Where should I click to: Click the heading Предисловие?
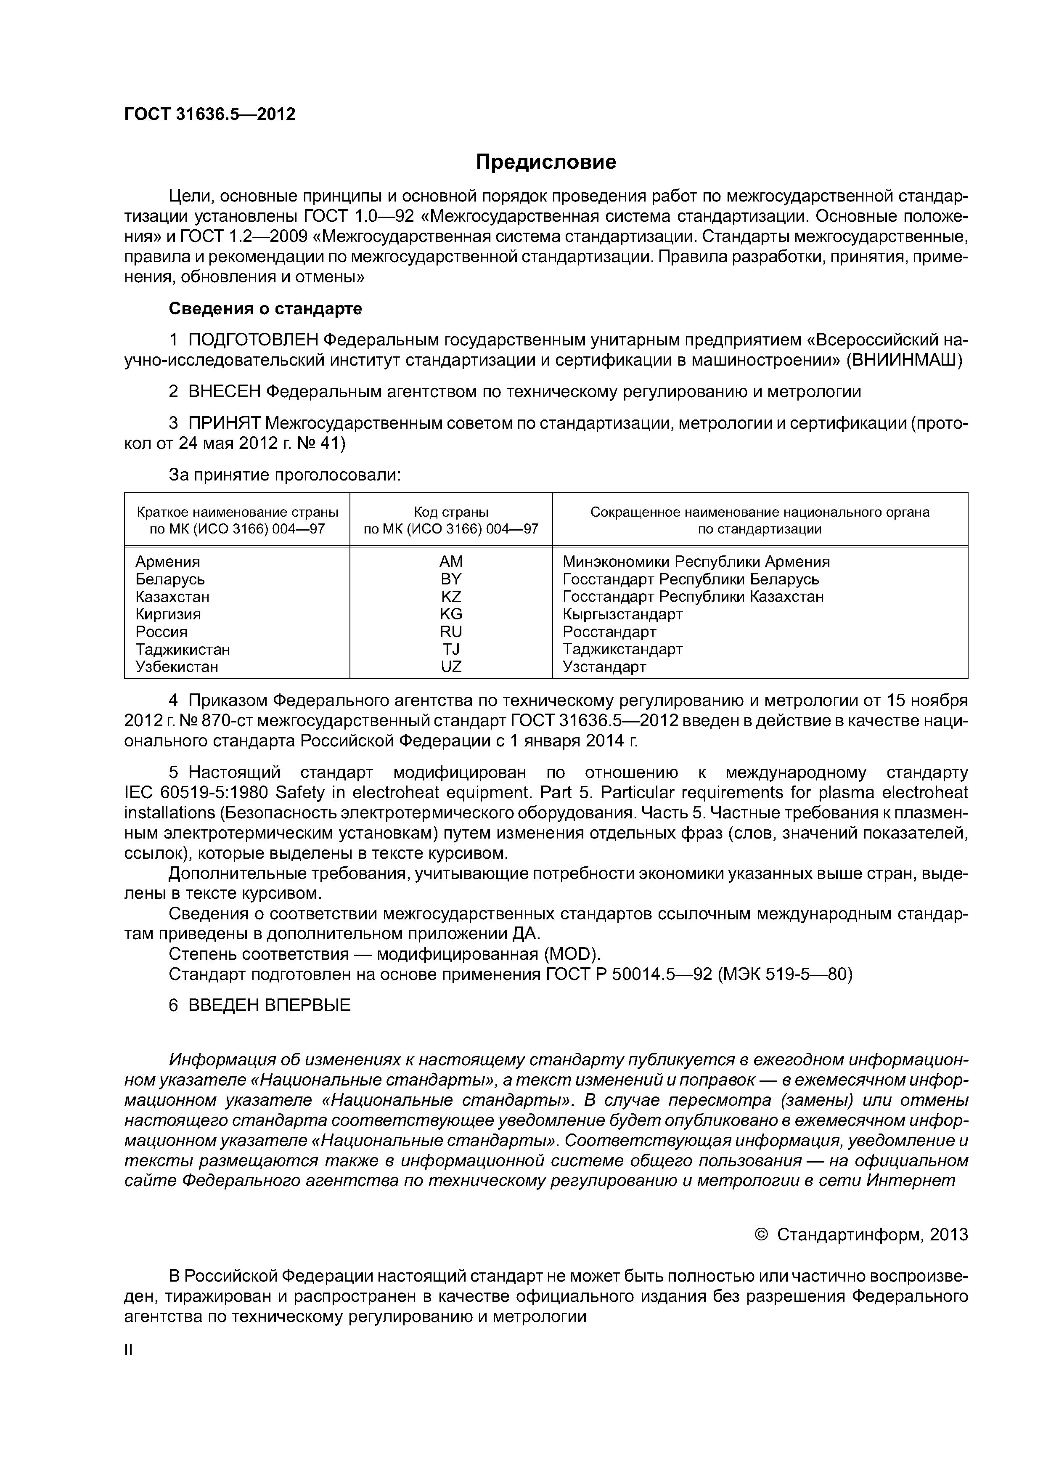pyautogui.click(x=545, y=162)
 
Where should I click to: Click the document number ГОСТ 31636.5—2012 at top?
pyautogui.click(x=209, y=114)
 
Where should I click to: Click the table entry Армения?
pyautogui.click(x=168, y=562)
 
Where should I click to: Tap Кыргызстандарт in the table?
pyautogui.click(x=622, y=614)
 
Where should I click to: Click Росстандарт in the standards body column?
pyautogui.click(x=609, y=632)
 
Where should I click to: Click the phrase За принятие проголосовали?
pyautogui.click(x=285, y=475)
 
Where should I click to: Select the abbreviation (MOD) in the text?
pyautogui.click(x=571, y=953)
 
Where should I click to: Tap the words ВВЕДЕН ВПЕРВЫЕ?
pyautogui.click(x=269, y=1006)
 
